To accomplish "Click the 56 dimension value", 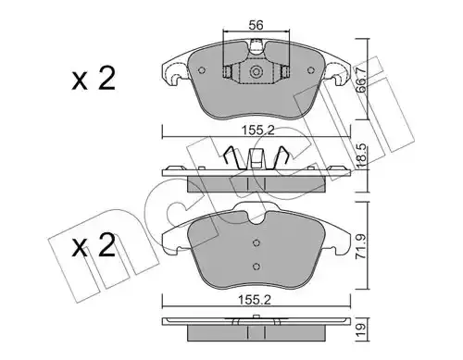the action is tap(256, 25).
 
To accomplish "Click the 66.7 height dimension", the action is tap(360, 81).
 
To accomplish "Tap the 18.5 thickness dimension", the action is tap(360, 157).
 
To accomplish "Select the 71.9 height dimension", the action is tap(360, 247).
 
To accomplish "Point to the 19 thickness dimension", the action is tap(361, 330).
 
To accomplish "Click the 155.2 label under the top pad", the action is tap(257, 130).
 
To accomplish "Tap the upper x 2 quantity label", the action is tap(94, 79).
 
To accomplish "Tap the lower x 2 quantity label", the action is tap(94, 245).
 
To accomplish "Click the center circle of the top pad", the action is tap(257, 72).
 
